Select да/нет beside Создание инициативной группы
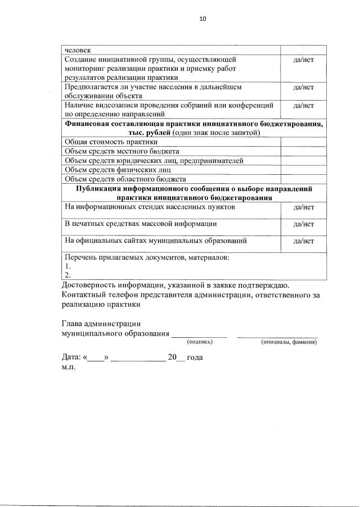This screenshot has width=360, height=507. tap(303, 59)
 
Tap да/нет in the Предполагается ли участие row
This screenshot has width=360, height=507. tap(303, 87)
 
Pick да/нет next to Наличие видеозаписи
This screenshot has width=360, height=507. tap(303, 105)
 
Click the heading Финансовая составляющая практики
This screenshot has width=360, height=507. tap(193, 123)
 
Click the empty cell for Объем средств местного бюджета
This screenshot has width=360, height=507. tap(303, 151)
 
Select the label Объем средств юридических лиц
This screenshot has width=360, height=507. tap(154, 160)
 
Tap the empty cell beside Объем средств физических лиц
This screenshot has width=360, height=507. tap(303, 169)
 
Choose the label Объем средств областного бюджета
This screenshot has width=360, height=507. tap(125, 179)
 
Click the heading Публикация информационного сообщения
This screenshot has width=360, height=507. tap(193, 188)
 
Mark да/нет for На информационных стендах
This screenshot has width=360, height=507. tap(303, 207)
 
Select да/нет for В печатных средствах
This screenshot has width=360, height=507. tap(303, 224)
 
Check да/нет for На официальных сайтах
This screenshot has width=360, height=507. tap(303, 241)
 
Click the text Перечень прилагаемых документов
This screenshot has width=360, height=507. tap(147, 257)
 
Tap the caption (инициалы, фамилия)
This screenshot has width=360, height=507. tap(289, 342)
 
